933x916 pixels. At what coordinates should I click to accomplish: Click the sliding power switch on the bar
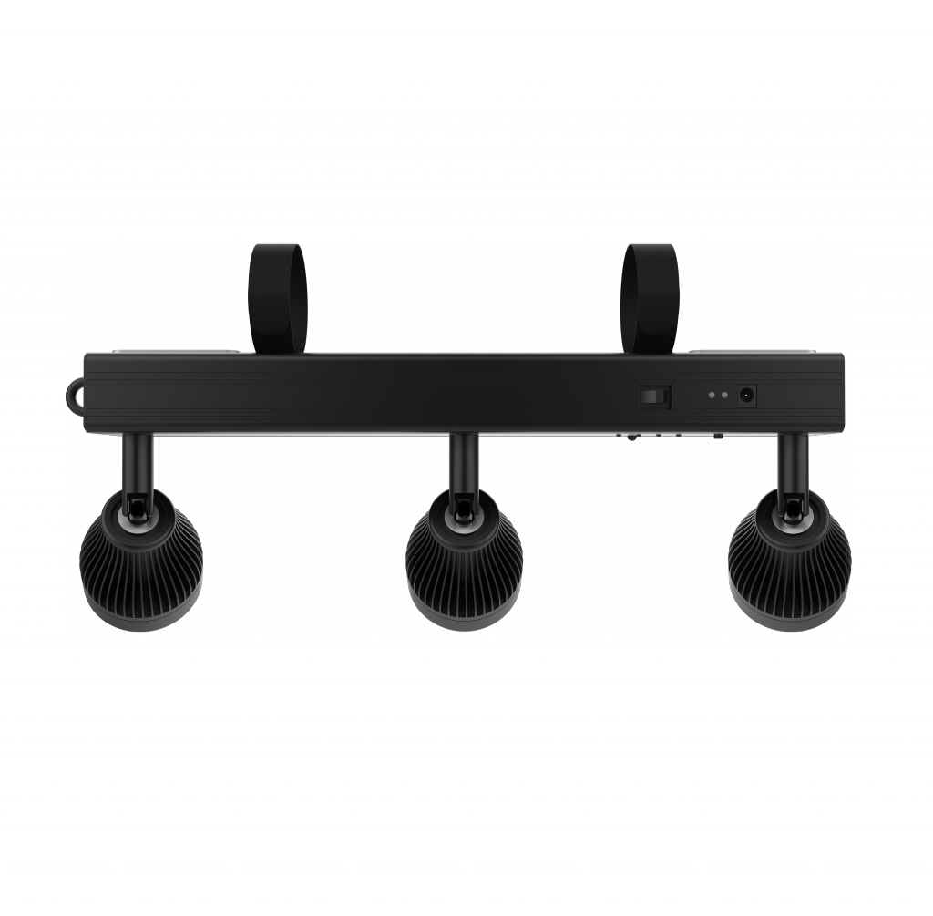(x=653, y=396)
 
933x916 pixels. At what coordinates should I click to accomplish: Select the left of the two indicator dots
(x=712, y=396)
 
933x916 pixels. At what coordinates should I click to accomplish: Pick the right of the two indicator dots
(x=725, y=396)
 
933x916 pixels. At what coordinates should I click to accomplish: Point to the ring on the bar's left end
(x=74, y=395)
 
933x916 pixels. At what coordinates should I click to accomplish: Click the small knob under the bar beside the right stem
(x=718, y=437)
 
